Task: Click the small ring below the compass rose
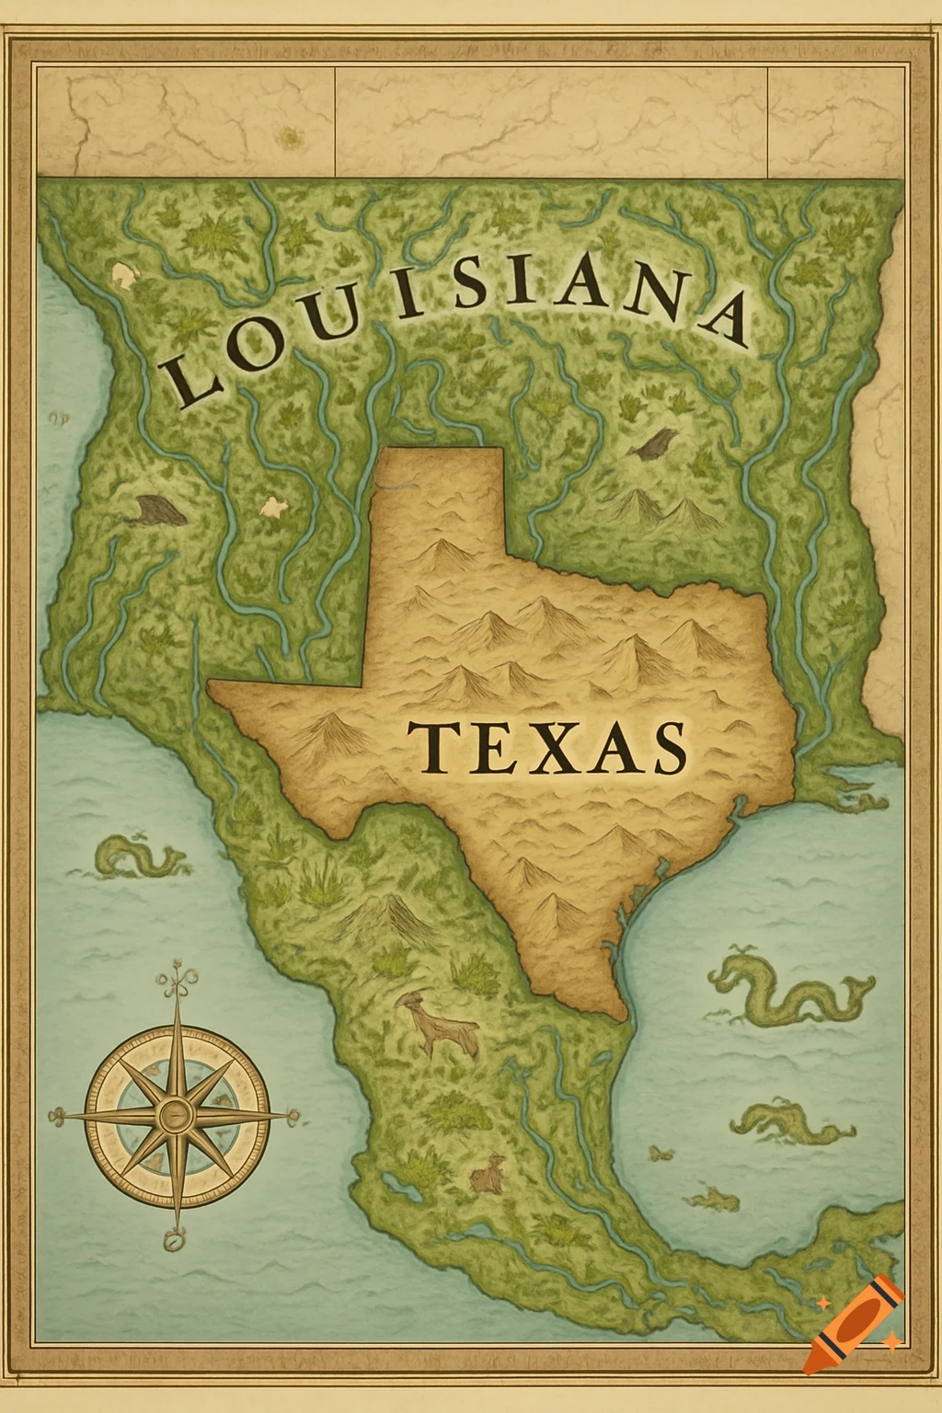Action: (x=172, y=1241)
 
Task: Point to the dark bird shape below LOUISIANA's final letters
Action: (x=655, y=443)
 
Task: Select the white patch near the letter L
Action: (x=123, y=273)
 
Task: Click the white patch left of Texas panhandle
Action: (x=273, y=505)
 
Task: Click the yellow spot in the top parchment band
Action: (x=292, y=138)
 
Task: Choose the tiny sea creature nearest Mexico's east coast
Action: (x=660, y=1153)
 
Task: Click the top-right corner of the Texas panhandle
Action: (x=503, y=450)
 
